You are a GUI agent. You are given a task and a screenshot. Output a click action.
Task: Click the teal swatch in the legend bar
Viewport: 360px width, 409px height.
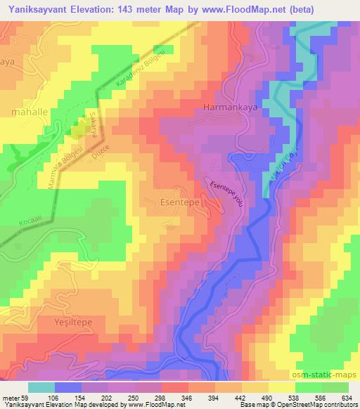41,387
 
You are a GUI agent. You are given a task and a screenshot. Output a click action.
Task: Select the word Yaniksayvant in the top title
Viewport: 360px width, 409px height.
38,9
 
